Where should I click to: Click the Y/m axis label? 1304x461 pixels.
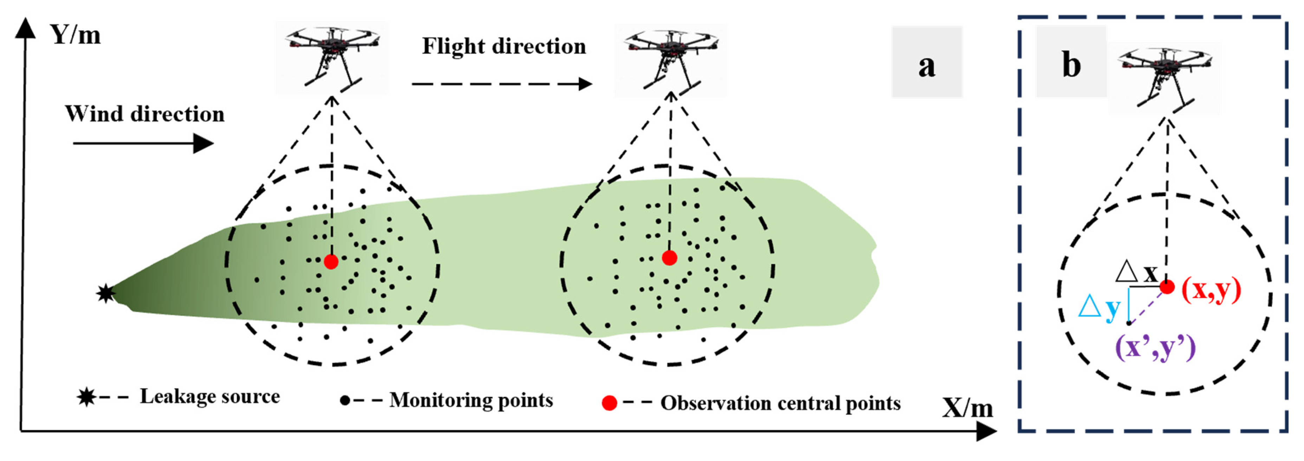pyautogui.click(x=75, y=36)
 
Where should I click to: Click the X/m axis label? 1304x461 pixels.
pyautogui.click(x=967, y=408)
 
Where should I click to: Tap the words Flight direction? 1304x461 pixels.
pyautogui.click(x=504, y=46)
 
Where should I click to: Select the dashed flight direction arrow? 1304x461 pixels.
pyautogui.click(x=501, y=84)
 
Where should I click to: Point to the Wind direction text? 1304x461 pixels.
pyautogui.click(x=144, y=114)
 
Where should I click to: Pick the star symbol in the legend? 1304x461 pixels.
pyautogui.click(x=86, y=397)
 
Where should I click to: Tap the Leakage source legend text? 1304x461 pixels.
pyautogui.click(x=209, y=397)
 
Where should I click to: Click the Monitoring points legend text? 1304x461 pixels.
pyautogui.click(x=471, y=400)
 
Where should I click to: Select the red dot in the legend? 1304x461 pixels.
pyautogui.click(x=609, y=403)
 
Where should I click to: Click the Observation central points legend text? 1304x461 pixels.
pyautogui.click(x=780, y=403)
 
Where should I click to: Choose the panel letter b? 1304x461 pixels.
pyautogui.click(x=1071, y=65)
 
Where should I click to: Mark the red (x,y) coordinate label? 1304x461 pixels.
pyautogui.click(x=1211, y=290)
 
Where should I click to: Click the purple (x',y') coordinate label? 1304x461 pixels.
pyautogui.click(x=1155, y=348)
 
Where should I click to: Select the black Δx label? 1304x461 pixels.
pyautogui.click(x=1136, y=272)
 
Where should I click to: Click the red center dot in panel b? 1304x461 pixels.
pyautogui.click(x=1167, y=287)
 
